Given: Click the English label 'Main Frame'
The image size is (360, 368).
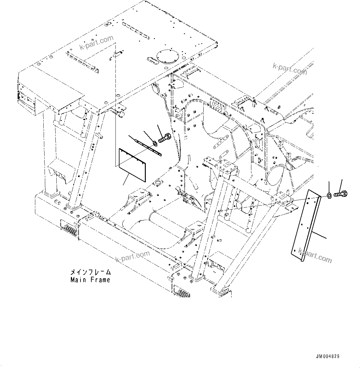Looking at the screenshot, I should click(x=90, y=280).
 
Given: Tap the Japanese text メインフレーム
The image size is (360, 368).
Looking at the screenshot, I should click(x=90, y=272).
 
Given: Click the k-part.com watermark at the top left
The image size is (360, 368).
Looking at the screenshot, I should click(x=97, y=42).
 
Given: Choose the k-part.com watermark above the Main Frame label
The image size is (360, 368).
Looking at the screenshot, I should click(x=132, y=256).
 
